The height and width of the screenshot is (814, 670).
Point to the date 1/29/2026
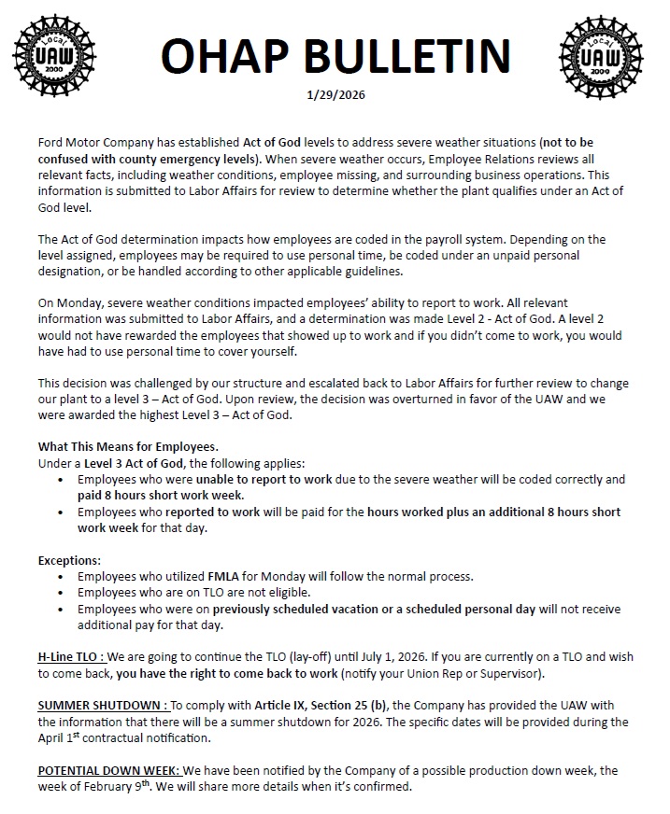(334, 97)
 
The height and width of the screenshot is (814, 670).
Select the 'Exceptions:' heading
(69, 560)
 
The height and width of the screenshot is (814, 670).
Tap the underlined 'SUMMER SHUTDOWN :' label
(103, 706)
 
